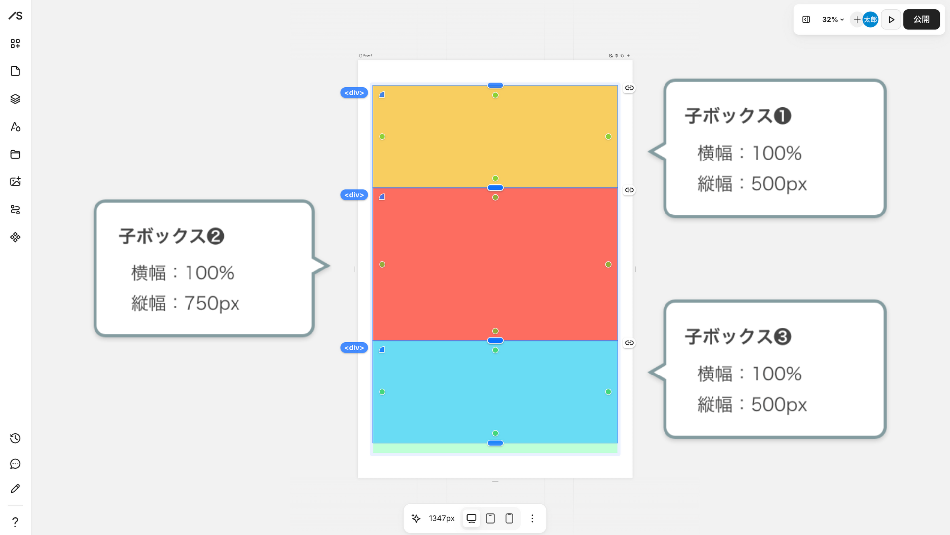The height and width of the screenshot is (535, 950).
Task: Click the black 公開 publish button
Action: coord(921,20)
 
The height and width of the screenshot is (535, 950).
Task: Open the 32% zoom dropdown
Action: coord(833,20)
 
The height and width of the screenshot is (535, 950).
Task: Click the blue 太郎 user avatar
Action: coord(870,20)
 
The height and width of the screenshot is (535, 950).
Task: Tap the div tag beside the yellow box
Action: coord(354,93)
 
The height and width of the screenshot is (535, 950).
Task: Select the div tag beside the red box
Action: coord(354,195)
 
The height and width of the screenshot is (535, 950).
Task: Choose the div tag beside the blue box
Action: coord(354,348)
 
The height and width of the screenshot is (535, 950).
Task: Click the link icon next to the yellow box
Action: coord(629,88)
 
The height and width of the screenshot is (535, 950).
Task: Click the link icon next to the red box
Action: coord(629,190)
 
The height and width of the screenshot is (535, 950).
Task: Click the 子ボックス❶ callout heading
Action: coord(738,116)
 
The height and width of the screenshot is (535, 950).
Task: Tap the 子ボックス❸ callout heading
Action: coord(738,337)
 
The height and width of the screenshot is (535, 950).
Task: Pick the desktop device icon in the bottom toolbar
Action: coord(472,518)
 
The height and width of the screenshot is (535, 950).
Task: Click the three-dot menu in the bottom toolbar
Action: coord(532,518)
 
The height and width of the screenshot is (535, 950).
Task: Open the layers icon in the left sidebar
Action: coord(15,99)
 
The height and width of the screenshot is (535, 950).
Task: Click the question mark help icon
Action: coord(15,522)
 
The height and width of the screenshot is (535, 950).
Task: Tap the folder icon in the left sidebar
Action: coord(15,154)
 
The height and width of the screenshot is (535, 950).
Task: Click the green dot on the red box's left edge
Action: coord(382,265)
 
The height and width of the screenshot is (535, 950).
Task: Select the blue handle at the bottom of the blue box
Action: coord(495,443)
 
